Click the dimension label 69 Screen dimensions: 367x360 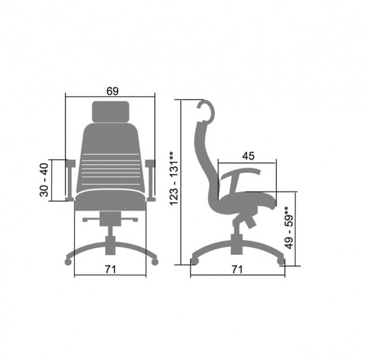[113, 91]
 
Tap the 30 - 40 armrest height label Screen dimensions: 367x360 [44, 180]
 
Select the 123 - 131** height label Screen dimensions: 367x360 [174, 178]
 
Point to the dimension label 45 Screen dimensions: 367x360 [248, 156]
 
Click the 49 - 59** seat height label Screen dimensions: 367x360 [289, 227]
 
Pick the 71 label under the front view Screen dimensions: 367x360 [110, 270]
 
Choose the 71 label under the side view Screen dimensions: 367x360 [237, 270]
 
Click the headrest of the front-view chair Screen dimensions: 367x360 [111, 112]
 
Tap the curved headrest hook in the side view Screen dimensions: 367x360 [207, 111]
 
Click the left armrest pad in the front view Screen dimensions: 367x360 [71, 163]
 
